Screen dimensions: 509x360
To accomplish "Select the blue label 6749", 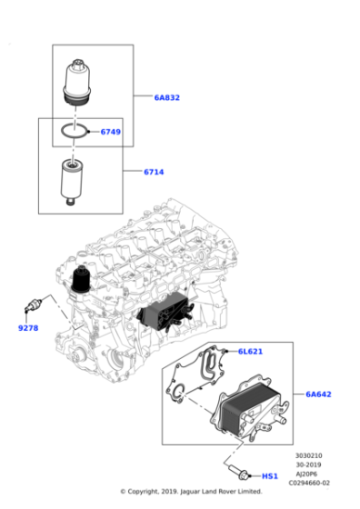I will (110, 132).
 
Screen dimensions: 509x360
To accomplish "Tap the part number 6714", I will (155, 171).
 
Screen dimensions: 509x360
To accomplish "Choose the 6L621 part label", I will (250, 352).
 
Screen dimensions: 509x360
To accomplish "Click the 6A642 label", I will (318, 394).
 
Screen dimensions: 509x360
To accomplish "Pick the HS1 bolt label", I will (270, 475).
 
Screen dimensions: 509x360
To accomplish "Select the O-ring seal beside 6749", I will (75, 135).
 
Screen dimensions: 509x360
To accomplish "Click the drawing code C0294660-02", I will (311, 483).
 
